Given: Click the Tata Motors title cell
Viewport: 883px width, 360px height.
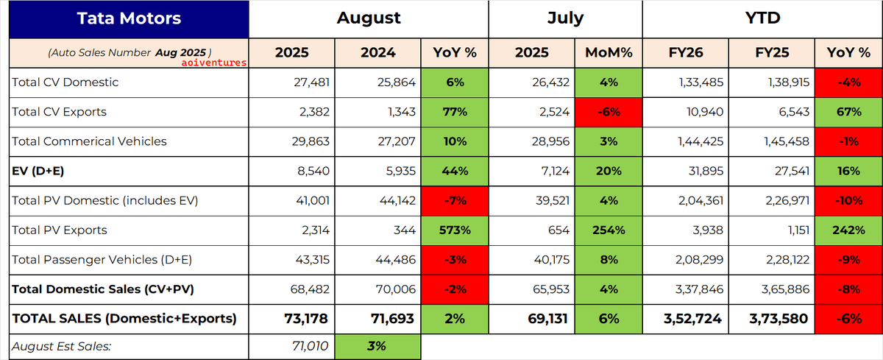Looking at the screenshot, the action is pyautogui.click(x=129, y=19).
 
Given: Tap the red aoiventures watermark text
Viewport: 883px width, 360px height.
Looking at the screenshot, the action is pyautogui.click(x=213, y=63).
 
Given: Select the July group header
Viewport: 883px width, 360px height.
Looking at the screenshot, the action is pyautogui.click(x=565, y=18).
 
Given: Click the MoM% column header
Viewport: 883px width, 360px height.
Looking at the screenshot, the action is pyautogui.click(x=609, y=53).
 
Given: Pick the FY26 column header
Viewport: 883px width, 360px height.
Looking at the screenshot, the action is pyautogui.click(x=686, y=53).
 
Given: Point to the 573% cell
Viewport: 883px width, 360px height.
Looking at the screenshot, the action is pyautogui.click(x=455, y=230).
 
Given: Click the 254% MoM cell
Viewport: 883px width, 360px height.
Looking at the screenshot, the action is pyautogui.click(x=609, y=230).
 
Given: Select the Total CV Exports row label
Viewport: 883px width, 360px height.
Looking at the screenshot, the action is pyautogui.click(x=59, y=112).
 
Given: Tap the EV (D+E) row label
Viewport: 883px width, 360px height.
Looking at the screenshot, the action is pyautogui.click(x=38, y=171).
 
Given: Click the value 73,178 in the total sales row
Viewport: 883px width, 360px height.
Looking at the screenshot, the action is pyautogui.click(x=306, y=319).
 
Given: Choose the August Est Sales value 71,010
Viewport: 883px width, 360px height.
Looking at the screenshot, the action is pyautogui.click(x=311, y=346).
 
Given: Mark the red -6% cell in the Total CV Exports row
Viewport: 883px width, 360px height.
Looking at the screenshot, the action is pyautogui.click(x=609, y=112).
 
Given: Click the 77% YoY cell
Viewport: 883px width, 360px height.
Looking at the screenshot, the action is pyautogui.click(x=455, y=112).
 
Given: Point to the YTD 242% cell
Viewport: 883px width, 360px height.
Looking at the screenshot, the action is pyautogui.click(x=848, y=230).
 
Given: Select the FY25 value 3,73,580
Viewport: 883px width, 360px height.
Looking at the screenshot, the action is pyautogui.click(x=779, y=319).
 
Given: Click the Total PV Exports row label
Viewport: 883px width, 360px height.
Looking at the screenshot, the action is pyautogui.click(x=60, y=230).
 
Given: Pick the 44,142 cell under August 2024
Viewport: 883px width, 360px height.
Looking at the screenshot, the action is pyautogui.click(x=397, y=201).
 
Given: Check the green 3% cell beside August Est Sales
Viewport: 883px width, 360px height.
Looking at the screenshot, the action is pyautogui.click(x=377, y=347).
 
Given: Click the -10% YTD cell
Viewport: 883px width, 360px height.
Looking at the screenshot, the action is pyautogui.click(x=848, y=201).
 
